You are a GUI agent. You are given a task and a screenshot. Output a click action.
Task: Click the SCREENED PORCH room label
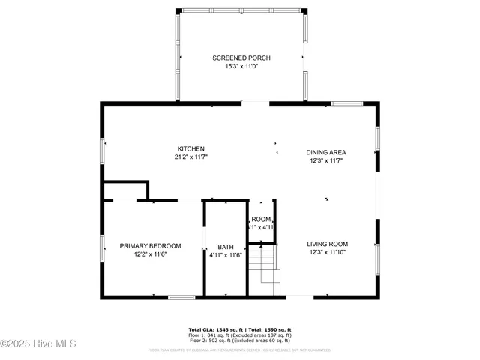[241, 58]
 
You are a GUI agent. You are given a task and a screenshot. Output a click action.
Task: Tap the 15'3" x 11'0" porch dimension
[241, 66]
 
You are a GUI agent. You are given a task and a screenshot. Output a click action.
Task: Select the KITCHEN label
[190, 148]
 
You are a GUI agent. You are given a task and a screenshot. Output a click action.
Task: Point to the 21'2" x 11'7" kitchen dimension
[190, 157]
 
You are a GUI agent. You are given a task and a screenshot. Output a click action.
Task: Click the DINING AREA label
[325, 152]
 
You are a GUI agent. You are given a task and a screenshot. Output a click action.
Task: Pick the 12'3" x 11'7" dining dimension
[325, 161]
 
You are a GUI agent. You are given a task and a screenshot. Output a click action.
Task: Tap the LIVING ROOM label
[328, 244]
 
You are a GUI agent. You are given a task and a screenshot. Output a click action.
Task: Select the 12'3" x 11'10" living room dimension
[328, 252]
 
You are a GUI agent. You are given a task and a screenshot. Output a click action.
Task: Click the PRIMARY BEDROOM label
[150, 246]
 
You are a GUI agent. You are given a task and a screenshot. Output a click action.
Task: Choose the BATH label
[226, 247]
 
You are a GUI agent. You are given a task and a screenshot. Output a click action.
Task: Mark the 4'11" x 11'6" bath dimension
[226, 256]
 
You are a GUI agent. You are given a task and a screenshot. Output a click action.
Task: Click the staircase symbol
[265, 271]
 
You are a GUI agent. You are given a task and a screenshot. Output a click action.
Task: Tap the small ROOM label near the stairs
[262, 219]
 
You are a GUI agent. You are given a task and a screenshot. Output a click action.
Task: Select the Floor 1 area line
[239, 335]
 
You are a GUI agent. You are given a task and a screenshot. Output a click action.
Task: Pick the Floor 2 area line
[239, 340]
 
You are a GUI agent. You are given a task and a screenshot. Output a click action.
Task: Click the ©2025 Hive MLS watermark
[38, 344]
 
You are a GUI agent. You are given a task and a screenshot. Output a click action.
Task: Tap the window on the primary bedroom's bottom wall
[181, 298]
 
